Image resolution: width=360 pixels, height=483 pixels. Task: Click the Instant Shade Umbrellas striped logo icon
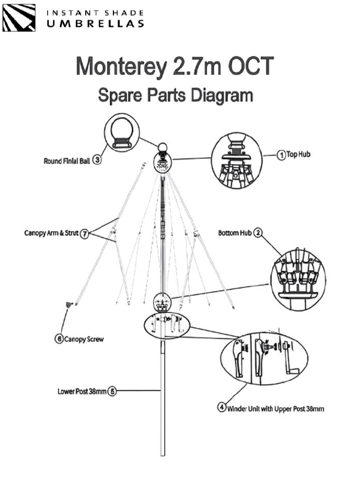point(19,18)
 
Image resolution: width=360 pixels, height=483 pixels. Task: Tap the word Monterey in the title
point(121,66)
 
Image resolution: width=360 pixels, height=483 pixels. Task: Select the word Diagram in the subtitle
point(222,95)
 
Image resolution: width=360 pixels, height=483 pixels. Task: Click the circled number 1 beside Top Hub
point(281,155)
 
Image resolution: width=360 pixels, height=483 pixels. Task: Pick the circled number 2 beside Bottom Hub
point(258,233)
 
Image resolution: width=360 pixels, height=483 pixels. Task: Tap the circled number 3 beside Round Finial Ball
point(97,160)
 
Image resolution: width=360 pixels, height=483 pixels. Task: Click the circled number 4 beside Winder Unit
point(222,407)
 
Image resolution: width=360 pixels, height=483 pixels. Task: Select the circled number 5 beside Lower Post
point(112,392)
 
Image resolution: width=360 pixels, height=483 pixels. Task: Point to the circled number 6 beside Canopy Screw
point(59,339)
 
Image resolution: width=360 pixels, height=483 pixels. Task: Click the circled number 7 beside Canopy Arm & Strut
point(84,234)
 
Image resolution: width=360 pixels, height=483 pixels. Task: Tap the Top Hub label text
point(298,154)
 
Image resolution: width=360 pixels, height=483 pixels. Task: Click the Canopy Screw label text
point(84,339)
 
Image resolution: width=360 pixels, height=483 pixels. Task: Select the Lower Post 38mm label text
point(82,392)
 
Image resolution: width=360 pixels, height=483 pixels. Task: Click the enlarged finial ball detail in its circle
point(122,132)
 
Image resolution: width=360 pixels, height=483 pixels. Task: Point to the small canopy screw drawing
point(69,305)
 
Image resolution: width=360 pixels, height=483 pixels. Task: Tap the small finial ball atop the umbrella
point(162,148)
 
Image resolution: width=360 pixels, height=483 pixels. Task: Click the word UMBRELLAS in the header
point(95,24)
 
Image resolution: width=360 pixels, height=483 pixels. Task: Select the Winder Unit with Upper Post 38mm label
point(275,409)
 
